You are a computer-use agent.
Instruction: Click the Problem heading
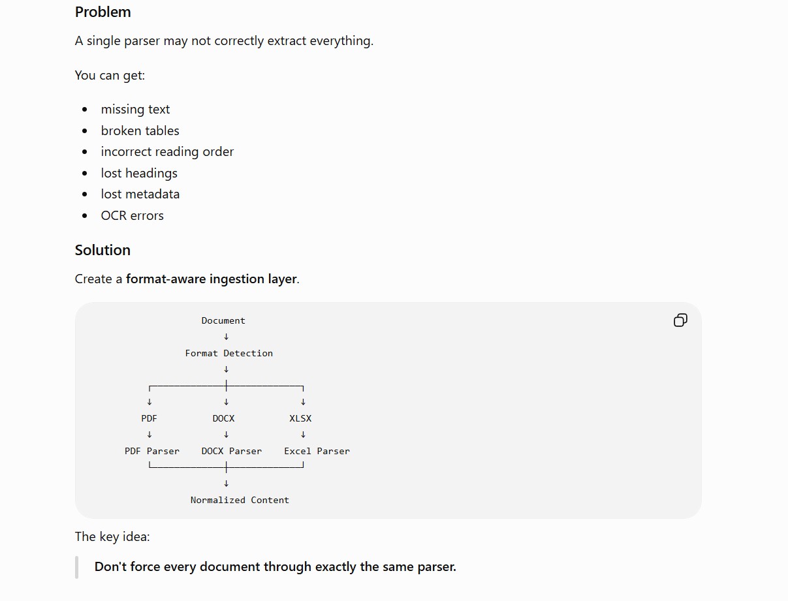(x=102, y=12)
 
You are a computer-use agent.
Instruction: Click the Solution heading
(x=102, y=250)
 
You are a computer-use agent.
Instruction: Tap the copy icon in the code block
(x=680, y=320)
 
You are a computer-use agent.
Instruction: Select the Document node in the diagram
(x=223, y=320)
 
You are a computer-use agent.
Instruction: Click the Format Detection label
(x=229, y=353)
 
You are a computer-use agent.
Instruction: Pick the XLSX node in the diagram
(x=300, y=418)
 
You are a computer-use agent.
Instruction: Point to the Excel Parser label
(x=317, y=451)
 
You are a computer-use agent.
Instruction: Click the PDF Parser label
(x=152, y=451)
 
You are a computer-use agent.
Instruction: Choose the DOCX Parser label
(x=232, y=451)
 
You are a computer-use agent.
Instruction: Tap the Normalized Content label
(x=240, y=500)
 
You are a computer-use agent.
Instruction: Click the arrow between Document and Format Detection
(x=226, y=337)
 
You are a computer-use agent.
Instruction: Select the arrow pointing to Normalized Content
(x=226, y=484)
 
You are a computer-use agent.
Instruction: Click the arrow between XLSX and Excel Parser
(x=304, y=435)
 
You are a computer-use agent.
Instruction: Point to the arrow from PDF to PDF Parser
(x=150, y=435)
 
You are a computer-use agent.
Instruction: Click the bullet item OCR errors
(x=132, y=215)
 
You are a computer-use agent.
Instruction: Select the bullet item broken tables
(x=140, y=131)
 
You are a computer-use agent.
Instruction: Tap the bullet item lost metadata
(x=140, y=194)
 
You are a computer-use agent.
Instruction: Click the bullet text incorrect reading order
(x=167, y=152)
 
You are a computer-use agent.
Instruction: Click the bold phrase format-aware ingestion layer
(x=212, y=279)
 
